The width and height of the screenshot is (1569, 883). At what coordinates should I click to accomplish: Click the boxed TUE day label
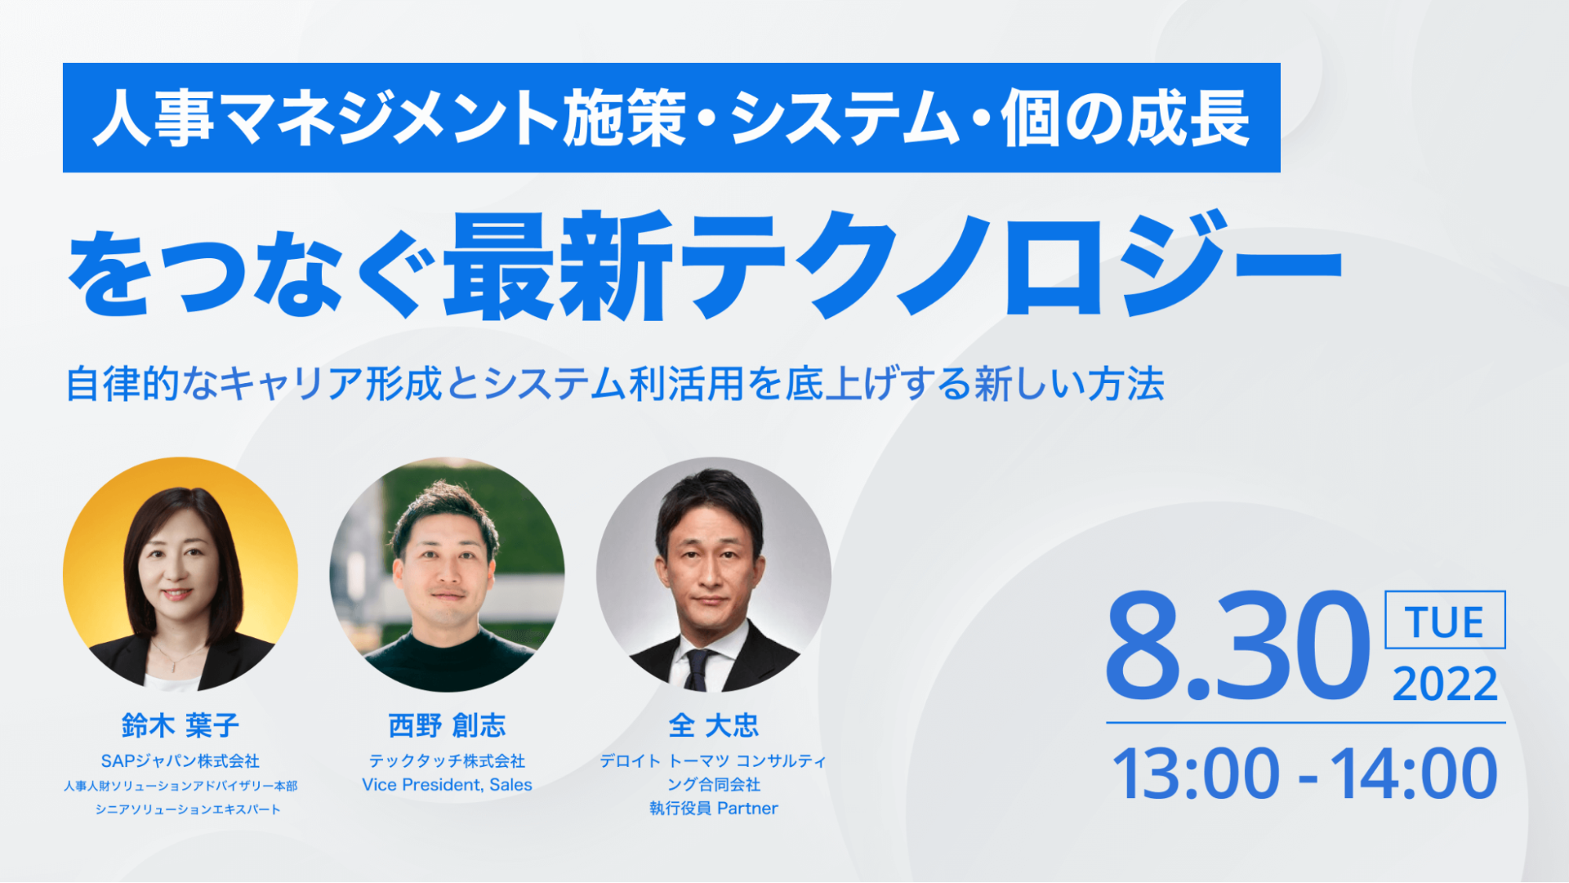coord(1445,620)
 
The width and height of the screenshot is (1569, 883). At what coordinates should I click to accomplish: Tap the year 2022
coord(1445,684)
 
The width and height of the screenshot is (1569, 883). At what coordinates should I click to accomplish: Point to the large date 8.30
coord(1237,646)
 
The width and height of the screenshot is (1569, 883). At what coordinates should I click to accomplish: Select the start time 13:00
coord(1195,774)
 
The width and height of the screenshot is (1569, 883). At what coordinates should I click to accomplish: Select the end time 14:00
coord(1414,774)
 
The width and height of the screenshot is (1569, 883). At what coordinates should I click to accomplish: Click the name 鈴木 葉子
coord(181,725)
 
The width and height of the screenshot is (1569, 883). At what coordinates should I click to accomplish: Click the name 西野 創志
coord(447,725)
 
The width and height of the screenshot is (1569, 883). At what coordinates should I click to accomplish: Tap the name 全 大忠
coord(713,725)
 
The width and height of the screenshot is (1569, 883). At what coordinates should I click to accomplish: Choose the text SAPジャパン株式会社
coord(181,761)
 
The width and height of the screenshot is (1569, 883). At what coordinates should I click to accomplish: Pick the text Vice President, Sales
coord(447,785)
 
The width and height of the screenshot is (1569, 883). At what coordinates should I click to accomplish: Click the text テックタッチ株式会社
coord(447,761)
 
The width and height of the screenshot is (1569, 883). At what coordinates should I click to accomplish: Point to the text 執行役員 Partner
coord(713,808)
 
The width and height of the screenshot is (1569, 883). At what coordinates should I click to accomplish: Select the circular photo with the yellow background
coord(181,575)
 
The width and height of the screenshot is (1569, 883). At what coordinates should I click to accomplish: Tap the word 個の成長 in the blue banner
coord(1125,118)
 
